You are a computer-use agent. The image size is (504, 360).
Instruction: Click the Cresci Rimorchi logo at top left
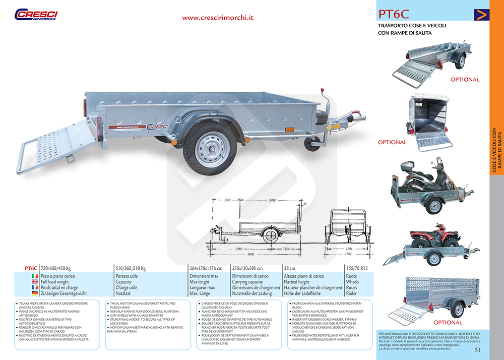36,15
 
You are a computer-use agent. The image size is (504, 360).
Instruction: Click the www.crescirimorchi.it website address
218,17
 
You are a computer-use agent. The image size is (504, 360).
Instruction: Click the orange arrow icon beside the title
481,15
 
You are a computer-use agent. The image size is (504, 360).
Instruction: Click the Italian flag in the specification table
35,276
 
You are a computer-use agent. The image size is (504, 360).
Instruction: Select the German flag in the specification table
35,293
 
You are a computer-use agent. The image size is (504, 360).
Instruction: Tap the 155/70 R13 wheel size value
356,268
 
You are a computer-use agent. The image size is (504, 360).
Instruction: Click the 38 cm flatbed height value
289,268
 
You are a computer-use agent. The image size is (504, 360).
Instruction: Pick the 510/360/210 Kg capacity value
131,268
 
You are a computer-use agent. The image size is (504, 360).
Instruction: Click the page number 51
478,349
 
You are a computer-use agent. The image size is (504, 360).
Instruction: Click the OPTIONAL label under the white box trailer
392,142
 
